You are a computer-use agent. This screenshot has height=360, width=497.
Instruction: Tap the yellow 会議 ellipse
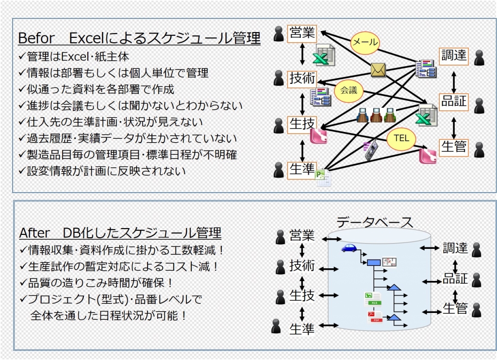pos(348,91)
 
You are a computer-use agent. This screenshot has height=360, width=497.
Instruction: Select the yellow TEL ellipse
pos(401,139)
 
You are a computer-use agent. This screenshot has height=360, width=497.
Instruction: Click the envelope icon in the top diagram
pos(378,70)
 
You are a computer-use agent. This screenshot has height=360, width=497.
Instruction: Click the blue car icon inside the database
pos(349,248)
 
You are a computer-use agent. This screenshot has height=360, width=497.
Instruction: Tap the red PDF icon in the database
pos(375,317)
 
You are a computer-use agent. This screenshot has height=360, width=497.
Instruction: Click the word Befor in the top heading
pos(35,38)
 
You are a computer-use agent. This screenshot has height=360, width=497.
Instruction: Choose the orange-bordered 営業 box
pos(302,33)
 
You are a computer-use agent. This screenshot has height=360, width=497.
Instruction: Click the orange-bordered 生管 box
pos(454,147)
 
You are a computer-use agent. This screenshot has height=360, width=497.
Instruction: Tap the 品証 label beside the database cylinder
pos(455,279)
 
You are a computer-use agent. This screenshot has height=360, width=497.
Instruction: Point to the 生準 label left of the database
pos(302,329)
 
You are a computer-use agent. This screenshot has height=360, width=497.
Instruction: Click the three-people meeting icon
pos(377,116)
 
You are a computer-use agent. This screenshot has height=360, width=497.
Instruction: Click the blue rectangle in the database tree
pos(373,262)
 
